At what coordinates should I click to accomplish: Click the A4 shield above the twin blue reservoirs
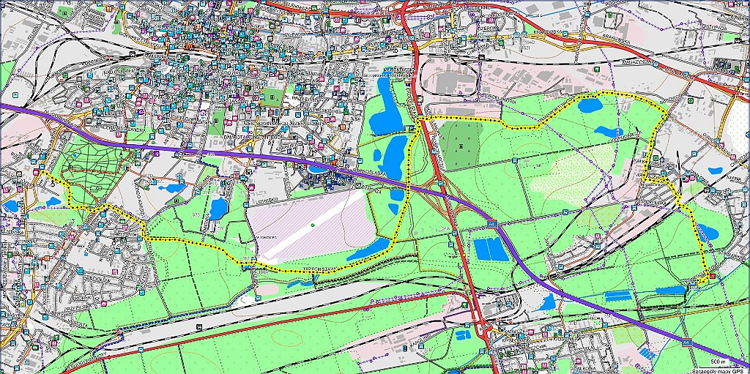click(x=494, y=222)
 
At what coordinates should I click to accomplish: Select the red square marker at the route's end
click(x=711, y=276)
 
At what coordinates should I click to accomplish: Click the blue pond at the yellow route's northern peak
click(x=590, y=105)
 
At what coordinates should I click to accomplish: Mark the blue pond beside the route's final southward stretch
click(x=705, y=233)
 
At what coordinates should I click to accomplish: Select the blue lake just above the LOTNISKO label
click(x=218, y=209)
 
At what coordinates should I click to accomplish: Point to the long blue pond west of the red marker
click(x=669, y=291)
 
